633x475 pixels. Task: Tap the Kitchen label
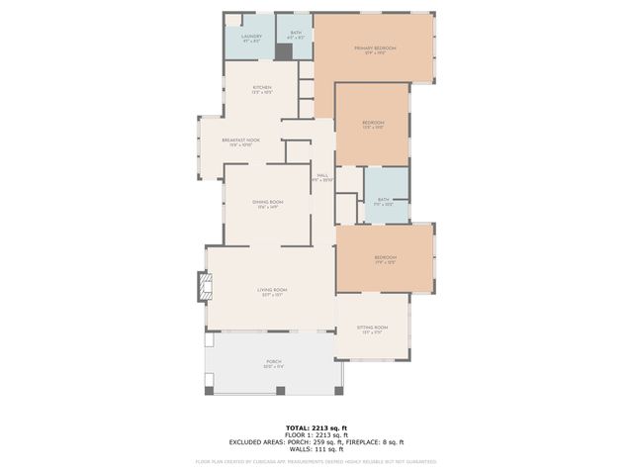pyautogui.click(x=262, y=89)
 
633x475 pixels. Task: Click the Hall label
pyautogui.click(x=322, y=177)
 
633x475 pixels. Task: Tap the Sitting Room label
pyautogui.click(x=373, y=329)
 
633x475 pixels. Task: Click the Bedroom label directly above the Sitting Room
pyautogui.click(x=385, y=259)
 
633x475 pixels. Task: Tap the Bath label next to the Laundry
pyautogui.click(x=294, y=36)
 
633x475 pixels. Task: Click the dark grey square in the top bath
pyautogui.click(x=285, y=51)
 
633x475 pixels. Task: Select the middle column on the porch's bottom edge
pyautogui.click(x=280, y=390)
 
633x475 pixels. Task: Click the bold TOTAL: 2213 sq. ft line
pyautogui.click(x=316, y=427)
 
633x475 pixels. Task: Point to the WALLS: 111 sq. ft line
pyautogui.click(x=316, y=449)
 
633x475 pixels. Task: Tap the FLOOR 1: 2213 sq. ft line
pyautogui.click(x=316, y=434)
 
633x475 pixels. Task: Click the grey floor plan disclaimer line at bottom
pyautogui.click(x=316, y=461)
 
